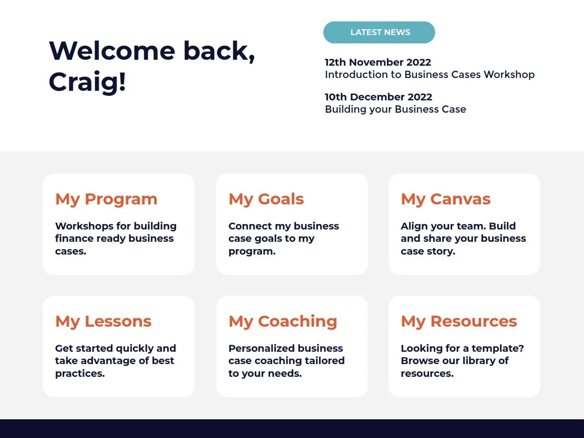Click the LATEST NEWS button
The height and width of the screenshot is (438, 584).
(379, 32)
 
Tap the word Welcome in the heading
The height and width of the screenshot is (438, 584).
(112, 51)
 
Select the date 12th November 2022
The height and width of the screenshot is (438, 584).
(378, 62)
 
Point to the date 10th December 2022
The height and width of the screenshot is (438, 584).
(378, 97)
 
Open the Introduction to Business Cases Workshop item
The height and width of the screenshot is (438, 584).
(430, 74)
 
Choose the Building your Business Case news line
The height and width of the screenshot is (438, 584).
(396, 109)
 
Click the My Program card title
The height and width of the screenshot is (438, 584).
(106, 199)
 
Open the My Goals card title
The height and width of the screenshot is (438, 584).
(266, 199)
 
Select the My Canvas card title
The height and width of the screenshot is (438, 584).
(446, 199)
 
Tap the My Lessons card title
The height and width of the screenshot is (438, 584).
(103, 322)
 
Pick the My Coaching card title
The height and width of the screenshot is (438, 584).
(283, 322)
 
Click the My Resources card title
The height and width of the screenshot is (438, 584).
(459, 322)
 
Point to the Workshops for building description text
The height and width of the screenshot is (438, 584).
(116, 239)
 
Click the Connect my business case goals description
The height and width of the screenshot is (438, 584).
(284, 239)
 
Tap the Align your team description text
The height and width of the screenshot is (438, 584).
(463, 239)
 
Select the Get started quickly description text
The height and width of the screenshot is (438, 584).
(115, 361)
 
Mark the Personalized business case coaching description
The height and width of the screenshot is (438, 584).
(287, 361)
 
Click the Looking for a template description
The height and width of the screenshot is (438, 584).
(462, 361)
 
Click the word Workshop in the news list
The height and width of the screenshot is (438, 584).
(509, 74)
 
